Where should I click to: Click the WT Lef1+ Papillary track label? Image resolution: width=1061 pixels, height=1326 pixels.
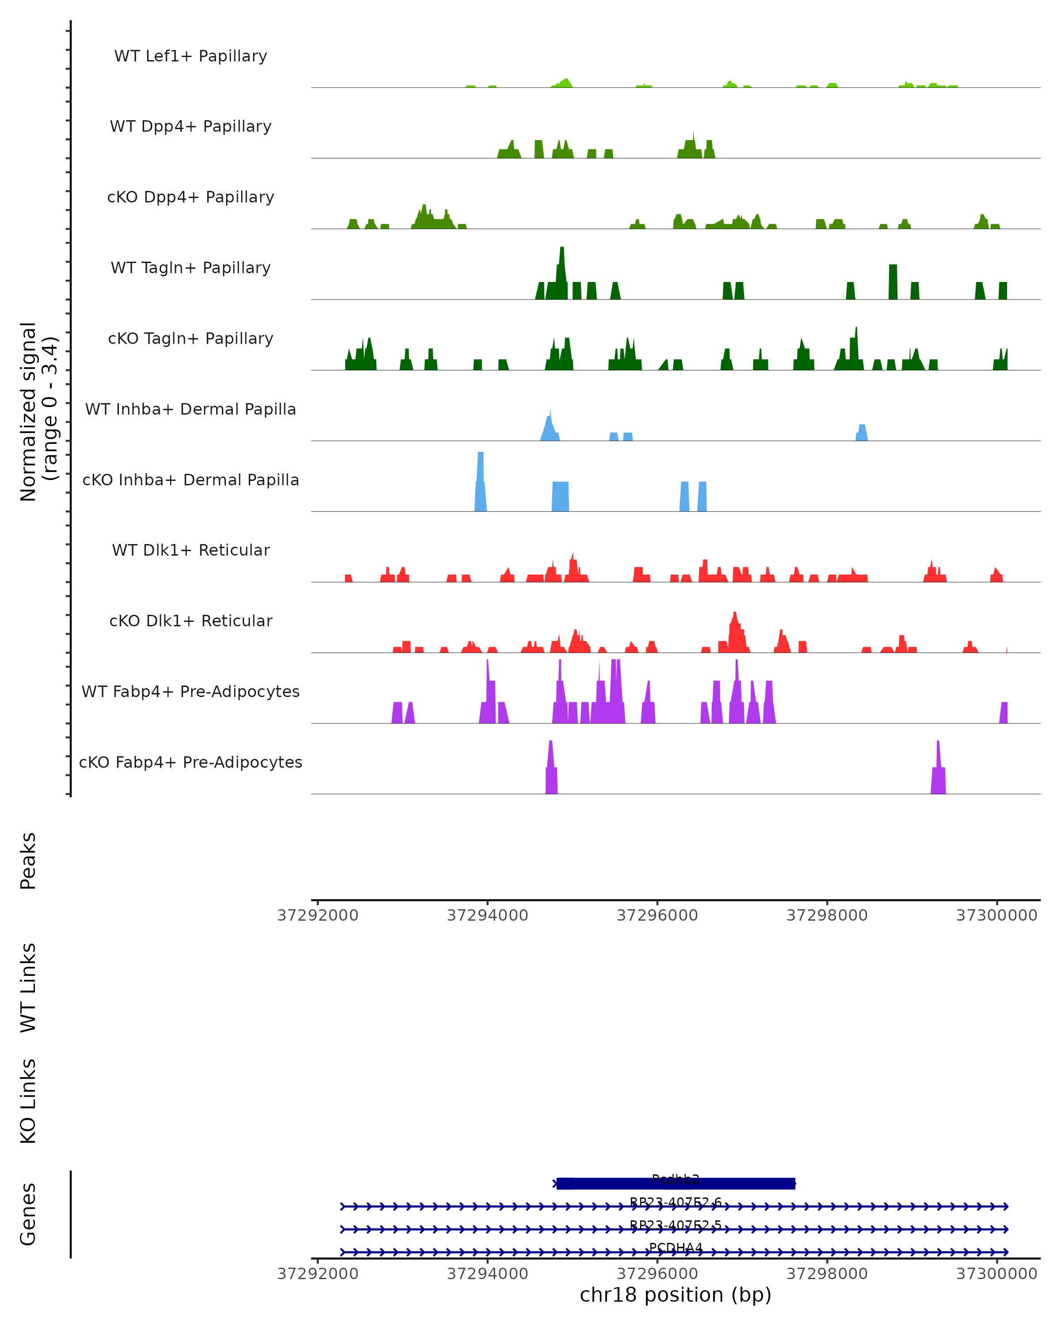coord(191,56)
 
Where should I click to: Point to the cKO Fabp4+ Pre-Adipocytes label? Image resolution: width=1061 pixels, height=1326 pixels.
coord(191,762)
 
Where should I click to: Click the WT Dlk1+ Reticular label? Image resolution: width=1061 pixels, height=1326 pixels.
coord(191,550)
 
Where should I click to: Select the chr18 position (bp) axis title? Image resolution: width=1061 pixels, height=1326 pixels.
coord(676,1295)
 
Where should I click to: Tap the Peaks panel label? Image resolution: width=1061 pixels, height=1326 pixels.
coord(28,861)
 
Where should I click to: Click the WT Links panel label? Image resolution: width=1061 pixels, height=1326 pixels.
coord(28,987)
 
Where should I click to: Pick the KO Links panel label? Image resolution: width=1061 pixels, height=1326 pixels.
coord(28,1101)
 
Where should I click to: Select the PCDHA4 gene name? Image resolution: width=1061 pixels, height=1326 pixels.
coord(676,1247)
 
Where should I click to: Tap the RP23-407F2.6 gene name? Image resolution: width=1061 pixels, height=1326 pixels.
coord(676,1202)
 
